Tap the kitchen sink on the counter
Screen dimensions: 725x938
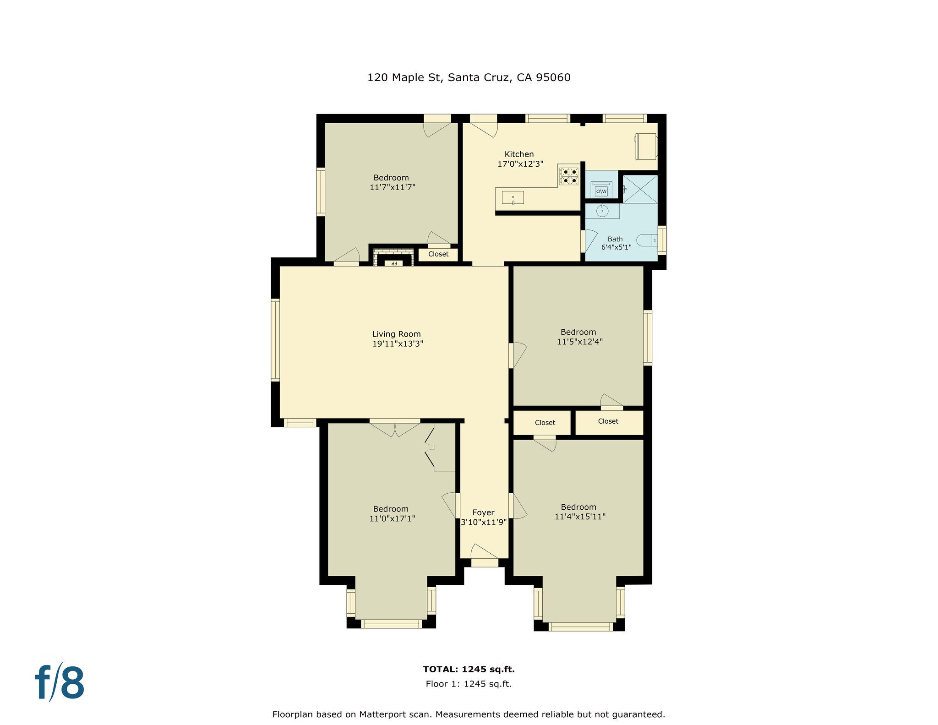coord(513,197)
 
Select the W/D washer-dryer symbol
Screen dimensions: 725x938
coord(601,189)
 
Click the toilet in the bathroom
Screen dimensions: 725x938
coord(647,240)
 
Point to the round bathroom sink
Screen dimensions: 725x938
coord(602,211)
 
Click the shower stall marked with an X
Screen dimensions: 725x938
coord(640,189)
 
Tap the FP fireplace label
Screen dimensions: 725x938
coord(393,263)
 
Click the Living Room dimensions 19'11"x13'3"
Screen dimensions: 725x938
coord(397,344)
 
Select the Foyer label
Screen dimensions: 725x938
coord(483,512)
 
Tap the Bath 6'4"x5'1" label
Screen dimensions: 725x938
coord(616,243)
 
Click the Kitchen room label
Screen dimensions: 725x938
coord(519,154)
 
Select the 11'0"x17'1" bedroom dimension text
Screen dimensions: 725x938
coord(392,518)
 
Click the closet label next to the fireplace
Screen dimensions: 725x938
coord(438,254)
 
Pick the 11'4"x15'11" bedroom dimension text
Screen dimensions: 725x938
coord(579,517)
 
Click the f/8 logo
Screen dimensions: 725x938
coord(60,683)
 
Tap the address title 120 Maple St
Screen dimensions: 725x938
coord(469,77)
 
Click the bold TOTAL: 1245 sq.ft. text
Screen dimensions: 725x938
coord(469,669)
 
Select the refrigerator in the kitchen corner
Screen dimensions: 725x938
coord(646,146)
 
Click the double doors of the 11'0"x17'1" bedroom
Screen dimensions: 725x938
coord(395,428)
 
